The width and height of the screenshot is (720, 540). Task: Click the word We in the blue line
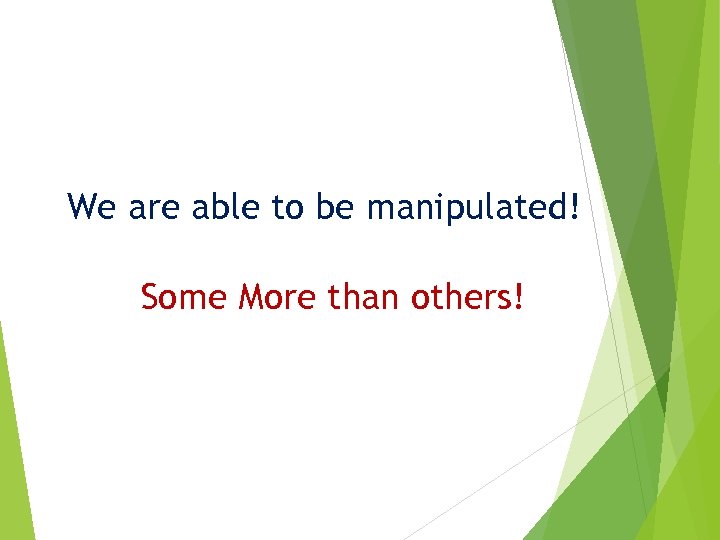92,207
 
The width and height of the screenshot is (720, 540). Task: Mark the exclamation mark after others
517,297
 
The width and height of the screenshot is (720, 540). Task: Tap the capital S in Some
150,297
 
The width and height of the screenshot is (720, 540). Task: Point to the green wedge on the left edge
12,450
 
